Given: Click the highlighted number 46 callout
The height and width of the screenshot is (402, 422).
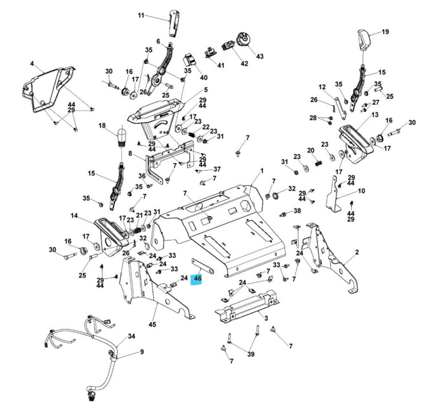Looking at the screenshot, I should [197, 279].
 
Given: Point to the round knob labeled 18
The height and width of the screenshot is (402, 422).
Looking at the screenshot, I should [120, 137].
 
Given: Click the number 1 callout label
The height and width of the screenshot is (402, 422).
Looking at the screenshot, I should [262, 171].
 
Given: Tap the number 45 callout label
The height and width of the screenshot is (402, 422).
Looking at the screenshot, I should [152, 325].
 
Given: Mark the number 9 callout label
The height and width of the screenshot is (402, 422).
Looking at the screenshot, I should [141, 352].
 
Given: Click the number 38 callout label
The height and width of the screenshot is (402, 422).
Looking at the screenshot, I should [297, 211].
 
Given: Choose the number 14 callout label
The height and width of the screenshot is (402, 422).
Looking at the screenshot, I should [74, 216].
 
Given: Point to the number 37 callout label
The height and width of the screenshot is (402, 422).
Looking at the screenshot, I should [216, 169].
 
